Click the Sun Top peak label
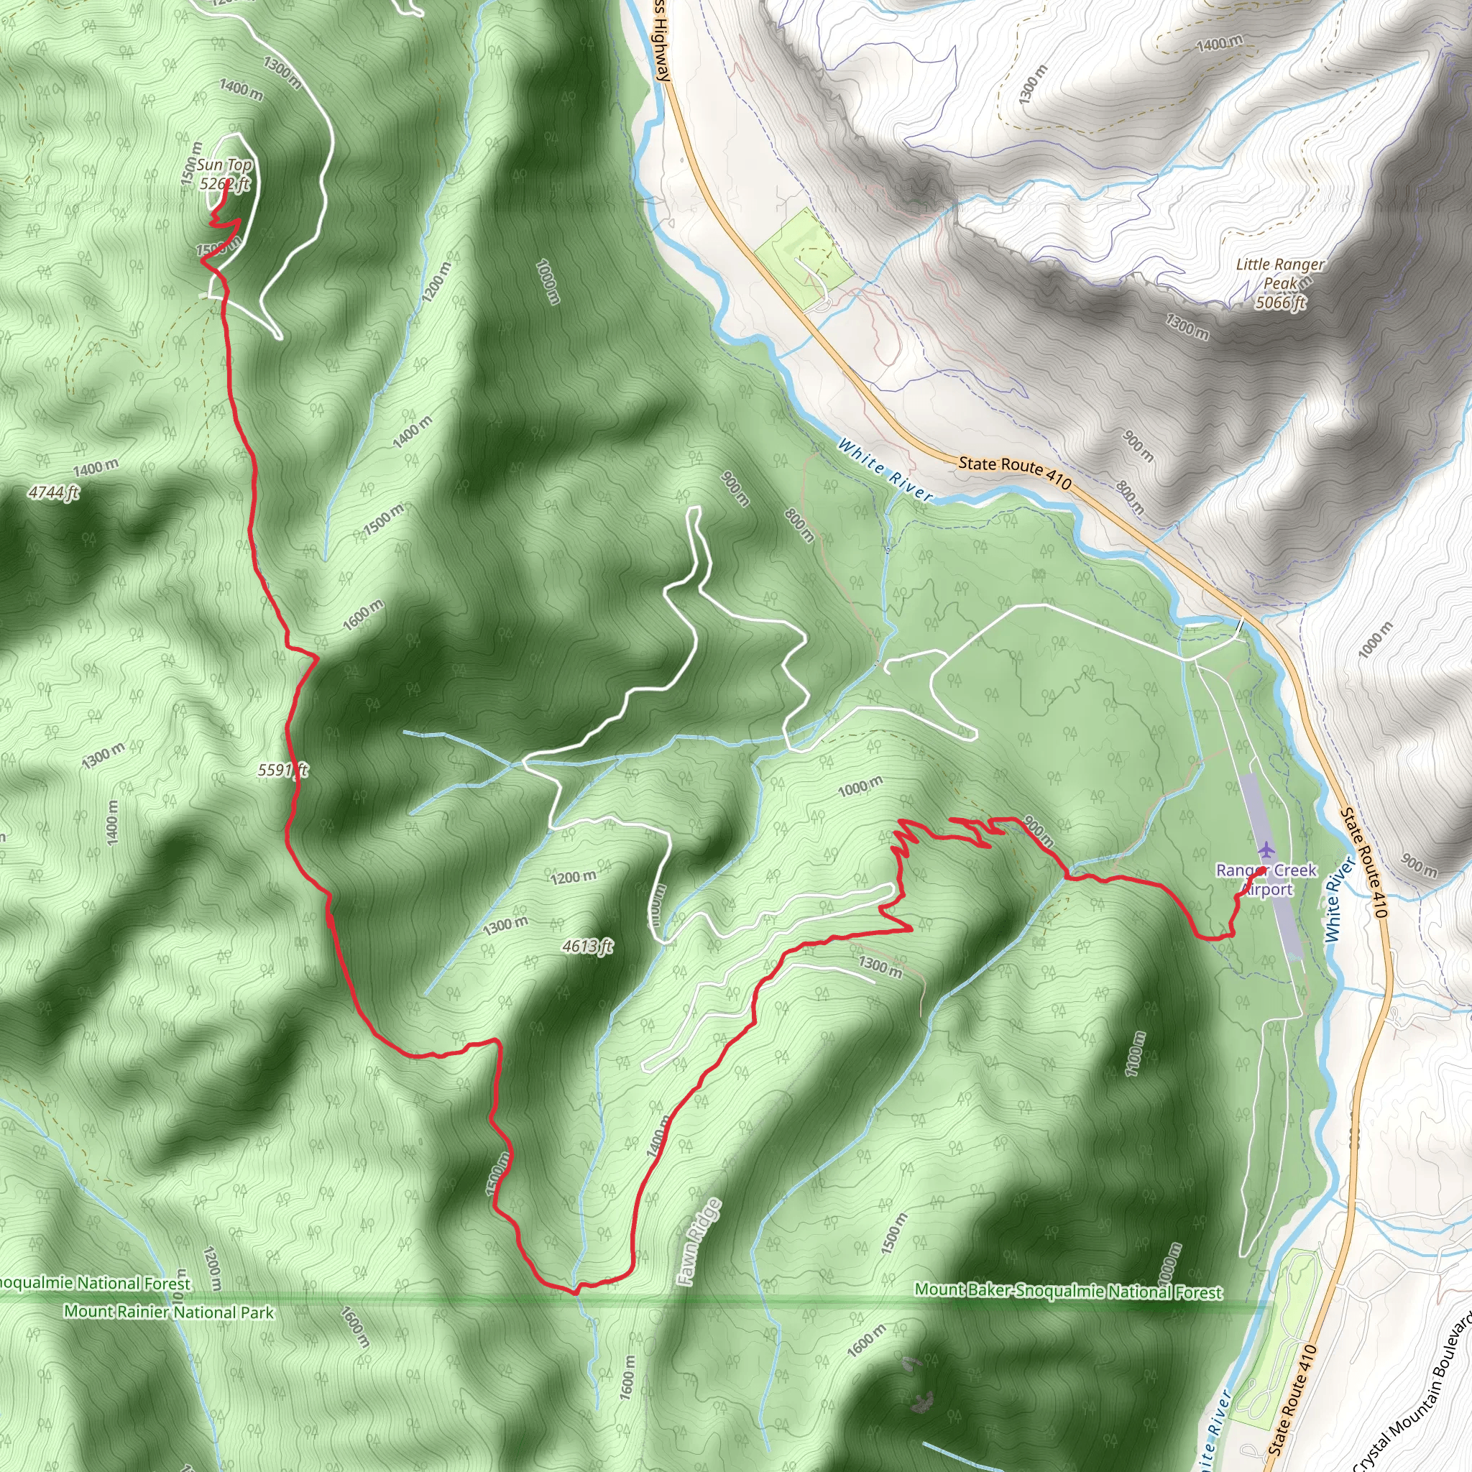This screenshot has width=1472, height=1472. pyautogui.click(x=224, y=165)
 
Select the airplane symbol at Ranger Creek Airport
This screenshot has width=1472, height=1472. pyautogui.click(x=1266, y=849)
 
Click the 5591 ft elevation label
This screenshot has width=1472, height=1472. pyautogui.click(x=282, y=770)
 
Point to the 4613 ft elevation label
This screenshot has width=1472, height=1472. pyautogui.click(x=587, y=947)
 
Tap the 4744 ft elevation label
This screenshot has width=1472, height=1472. pyautogui.click(x=53, y=493)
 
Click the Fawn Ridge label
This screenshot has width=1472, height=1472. pyautogui.click(x=699, y=1243)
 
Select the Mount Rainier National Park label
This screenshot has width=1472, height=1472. pyautogui.click(x=168, y=1312)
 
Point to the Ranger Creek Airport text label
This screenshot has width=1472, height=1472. pyautogui.click(x=1266, y=879)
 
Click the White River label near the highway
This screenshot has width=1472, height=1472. pyautogui.click(x=885, y=469)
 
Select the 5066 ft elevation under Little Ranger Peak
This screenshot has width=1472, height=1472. pyautogui.click(x=1281, y=303)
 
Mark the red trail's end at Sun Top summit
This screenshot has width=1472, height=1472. pyautogui.click(x=228, y=181)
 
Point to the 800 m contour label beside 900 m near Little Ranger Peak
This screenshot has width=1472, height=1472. pyautogui.click(x=1131, y=497)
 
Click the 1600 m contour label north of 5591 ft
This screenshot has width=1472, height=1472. pyautogui.click(x=363, y=615)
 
